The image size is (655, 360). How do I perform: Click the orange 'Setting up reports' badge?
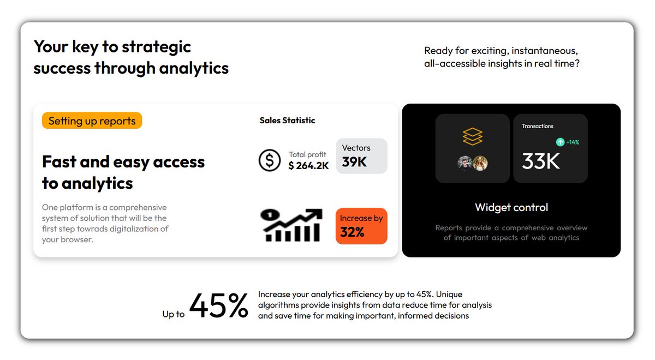tap(92, 121)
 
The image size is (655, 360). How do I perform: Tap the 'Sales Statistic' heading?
tap(287, 121)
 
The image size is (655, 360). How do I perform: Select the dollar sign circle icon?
tap(269, 160)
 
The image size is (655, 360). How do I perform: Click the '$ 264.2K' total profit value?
tap(308, 166)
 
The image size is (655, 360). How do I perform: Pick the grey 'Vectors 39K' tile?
tap(361, 156)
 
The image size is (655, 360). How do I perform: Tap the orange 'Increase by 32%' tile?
tap(361, 226)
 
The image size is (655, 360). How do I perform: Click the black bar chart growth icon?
tap(291, 225)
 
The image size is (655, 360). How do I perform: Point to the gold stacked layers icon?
tap(472, 137)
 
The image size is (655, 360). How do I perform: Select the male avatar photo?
tap(465, 163)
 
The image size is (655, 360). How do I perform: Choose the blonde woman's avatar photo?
tap(480, 163)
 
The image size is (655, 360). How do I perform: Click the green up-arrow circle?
tap(560, 142)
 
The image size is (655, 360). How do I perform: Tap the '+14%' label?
tap(573, 142)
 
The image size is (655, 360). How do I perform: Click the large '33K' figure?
tap(540, 161)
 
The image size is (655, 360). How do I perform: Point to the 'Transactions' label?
tap(537, 126)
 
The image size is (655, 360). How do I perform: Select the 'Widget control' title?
tap(511, 207)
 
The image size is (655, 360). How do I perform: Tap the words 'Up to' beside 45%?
tap(174, 314)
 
